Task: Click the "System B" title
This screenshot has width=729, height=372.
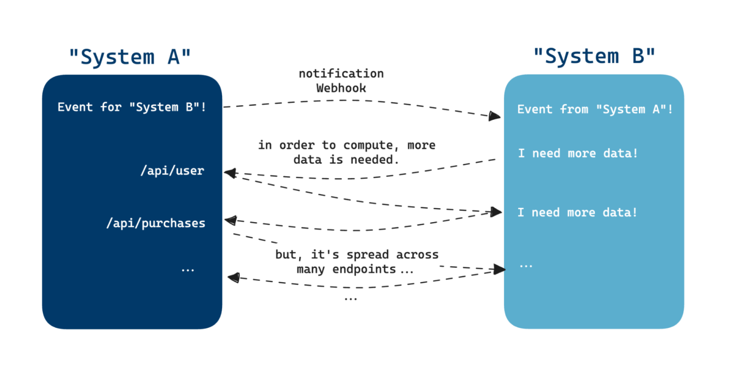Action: (x=594, y=56)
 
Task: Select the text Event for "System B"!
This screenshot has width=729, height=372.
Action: (x=132, y=107)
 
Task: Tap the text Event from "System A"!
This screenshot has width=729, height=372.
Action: (x=595, y=110)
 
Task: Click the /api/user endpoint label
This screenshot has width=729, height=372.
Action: (x=172, y=171)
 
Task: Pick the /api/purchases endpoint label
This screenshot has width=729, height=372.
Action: (x=156, y=223)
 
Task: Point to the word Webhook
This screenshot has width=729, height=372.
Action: (x=341, y=88)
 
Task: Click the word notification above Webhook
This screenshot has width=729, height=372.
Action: (x=341, y=74)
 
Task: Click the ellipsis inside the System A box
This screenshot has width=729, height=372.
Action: (x=188, y=270)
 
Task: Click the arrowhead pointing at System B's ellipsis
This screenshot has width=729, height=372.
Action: (x=499, y=270)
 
